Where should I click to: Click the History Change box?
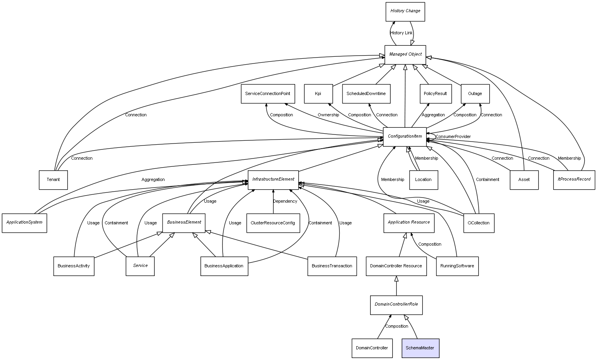coord(405,12)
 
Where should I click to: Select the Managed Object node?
coord(405,55)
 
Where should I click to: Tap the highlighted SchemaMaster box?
coord(420,348)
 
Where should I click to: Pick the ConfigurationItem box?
coord(404,137)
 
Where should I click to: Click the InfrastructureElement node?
coord(273,180)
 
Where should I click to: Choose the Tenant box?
coord(53,180)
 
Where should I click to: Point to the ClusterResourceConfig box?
coord(273,223)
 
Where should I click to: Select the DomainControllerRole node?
coord(396,305)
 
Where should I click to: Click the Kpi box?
coord(318,94)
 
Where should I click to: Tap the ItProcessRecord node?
coord(574,180)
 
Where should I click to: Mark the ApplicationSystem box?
coord(24,223)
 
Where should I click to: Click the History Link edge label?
coord(401,33)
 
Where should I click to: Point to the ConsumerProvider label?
coord(453,136)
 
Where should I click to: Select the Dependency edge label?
coord(285,201)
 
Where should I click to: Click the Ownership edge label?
coord(328,115)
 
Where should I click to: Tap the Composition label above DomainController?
coord(397,326)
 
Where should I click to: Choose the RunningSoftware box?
coord(457,266)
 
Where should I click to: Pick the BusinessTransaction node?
coord(332,266)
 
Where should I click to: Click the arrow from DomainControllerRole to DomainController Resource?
coord(396,286)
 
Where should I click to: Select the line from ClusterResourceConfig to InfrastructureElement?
coord(273,201)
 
